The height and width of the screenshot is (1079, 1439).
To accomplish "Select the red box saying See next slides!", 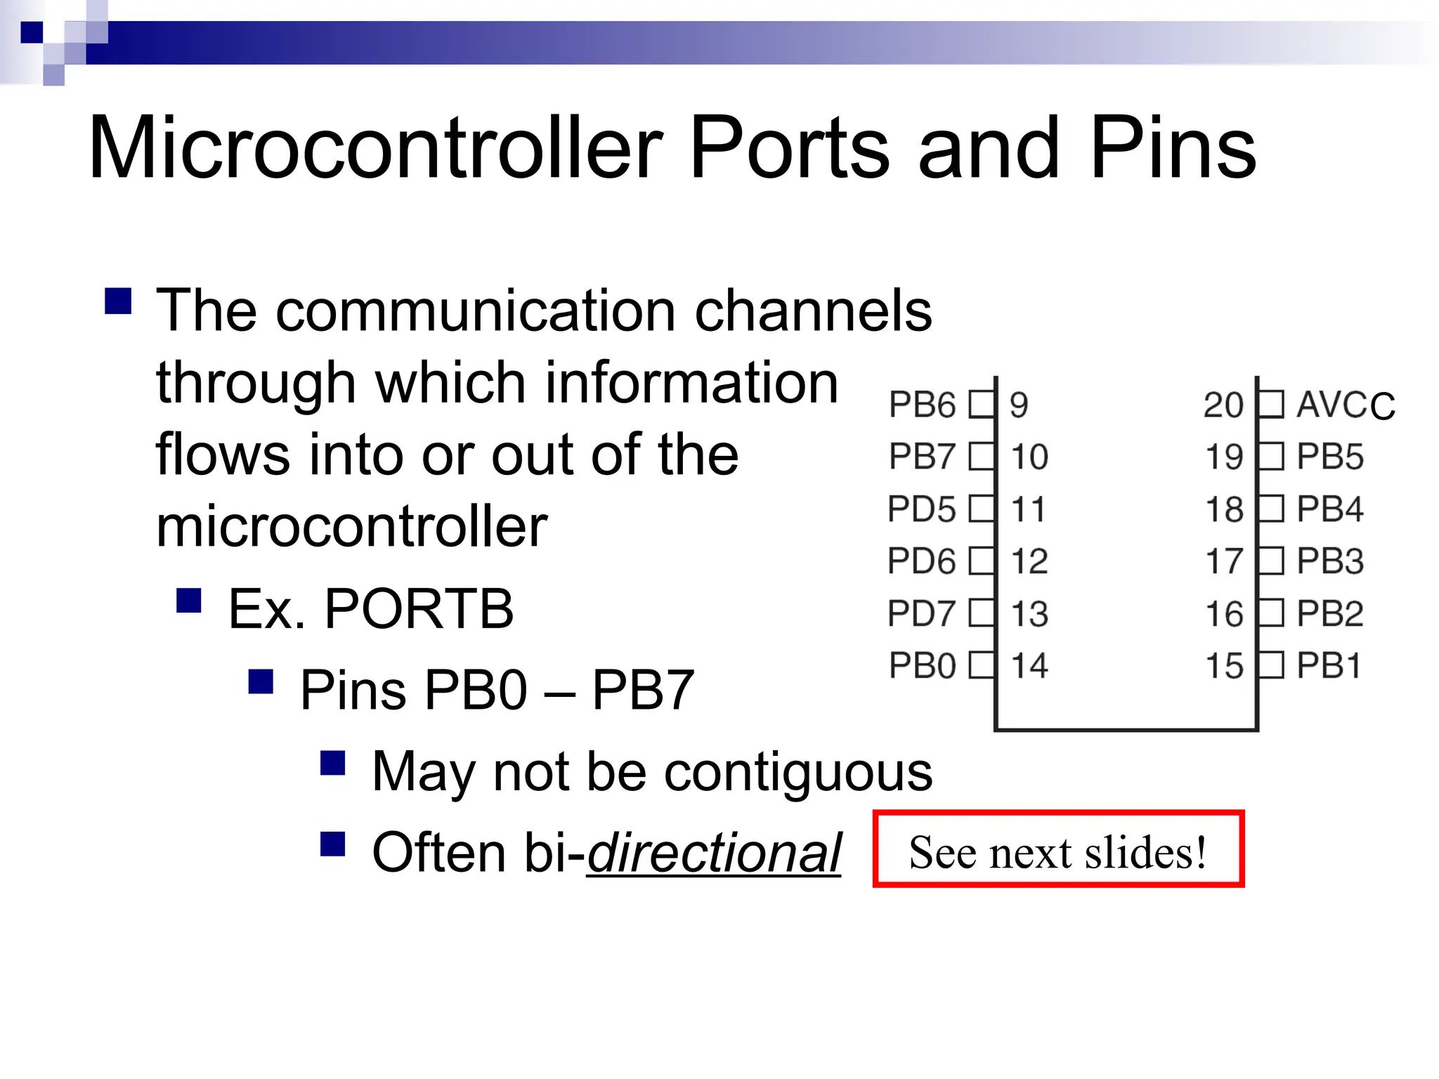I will (1058, 849).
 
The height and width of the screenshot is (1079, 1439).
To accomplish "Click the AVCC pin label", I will (1345, 405).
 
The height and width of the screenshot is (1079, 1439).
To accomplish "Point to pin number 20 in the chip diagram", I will (1223, 405).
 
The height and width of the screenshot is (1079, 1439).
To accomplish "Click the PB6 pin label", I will (922, 405).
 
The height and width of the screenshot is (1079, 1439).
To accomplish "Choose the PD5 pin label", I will (922, 509).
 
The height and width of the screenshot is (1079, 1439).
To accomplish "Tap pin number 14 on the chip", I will (1029, 665).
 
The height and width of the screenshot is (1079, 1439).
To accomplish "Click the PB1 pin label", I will (1329, 665).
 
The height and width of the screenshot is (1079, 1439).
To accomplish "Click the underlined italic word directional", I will (714, 853).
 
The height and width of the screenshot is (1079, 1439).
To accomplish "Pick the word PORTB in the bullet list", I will (419, 608).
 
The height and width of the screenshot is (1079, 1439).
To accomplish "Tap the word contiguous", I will (798, 771).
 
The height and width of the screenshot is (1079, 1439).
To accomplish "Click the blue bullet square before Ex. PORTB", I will (189, 601).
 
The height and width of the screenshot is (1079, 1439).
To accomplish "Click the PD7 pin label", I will (922, 613).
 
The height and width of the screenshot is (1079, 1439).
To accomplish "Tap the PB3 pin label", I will (1330, 561).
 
